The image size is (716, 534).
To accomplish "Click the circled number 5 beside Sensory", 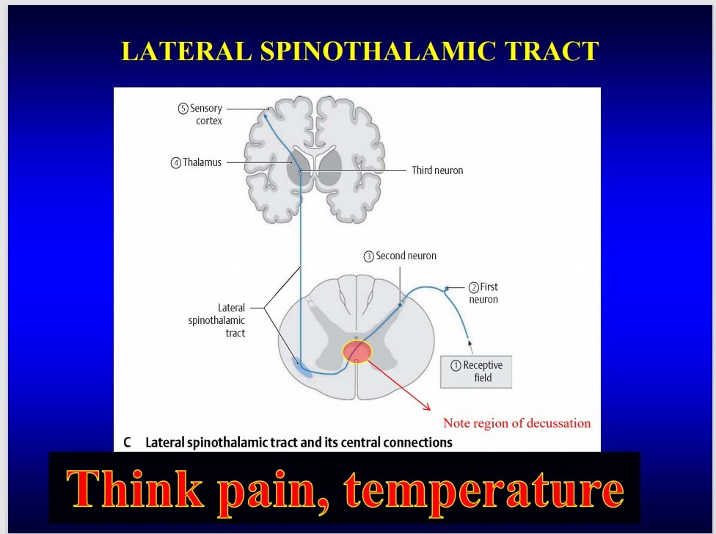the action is click(x=183, y=109).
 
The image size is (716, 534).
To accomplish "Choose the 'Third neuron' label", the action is click(x=437, y=170).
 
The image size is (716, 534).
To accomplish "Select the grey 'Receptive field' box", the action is click(x=476, y=372).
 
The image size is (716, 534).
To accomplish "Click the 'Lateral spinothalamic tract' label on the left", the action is click(x=217, y=320).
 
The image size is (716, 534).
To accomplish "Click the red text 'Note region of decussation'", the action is click(x=516, y=423).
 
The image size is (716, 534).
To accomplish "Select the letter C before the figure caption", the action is click(x=128, y=443).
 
